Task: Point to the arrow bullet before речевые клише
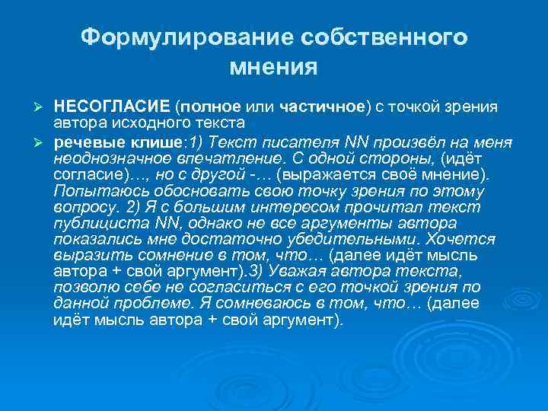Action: click(x=43, y=142)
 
